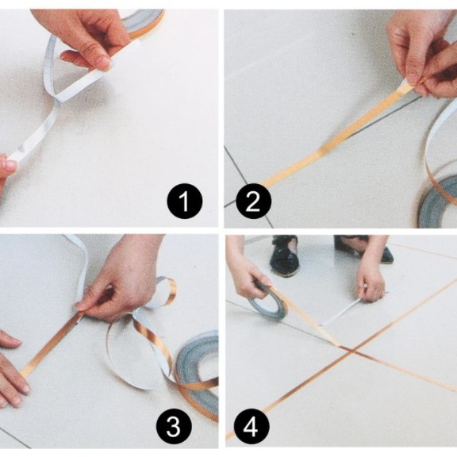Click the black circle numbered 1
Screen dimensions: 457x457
[185, 201]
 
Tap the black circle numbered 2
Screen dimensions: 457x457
[254, 201]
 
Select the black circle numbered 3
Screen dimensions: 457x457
[174, 427]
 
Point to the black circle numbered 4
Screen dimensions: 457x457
[252, 427]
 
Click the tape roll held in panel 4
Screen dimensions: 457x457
[268, 303]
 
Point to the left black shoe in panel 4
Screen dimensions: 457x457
[284, 255]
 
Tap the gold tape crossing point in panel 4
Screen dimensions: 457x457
[352, 351]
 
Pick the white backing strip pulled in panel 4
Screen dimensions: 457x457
[340, 313]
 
